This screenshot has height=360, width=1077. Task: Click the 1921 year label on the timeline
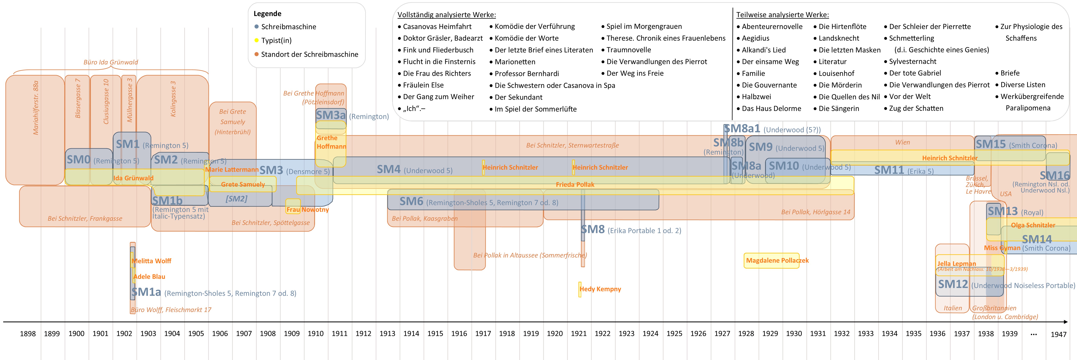[579, 334]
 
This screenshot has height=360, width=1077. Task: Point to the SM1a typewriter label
[146, 292]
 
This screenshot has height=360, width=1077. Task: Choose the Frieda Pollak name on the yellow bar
[575, 184]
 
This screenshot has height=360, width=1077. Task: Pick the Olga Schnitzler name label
[1033, 225]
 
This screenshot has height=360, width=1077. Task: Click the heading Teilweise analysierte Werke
[782, 15]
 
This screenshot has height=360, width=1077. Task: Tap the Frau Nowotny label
[307, 209]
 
